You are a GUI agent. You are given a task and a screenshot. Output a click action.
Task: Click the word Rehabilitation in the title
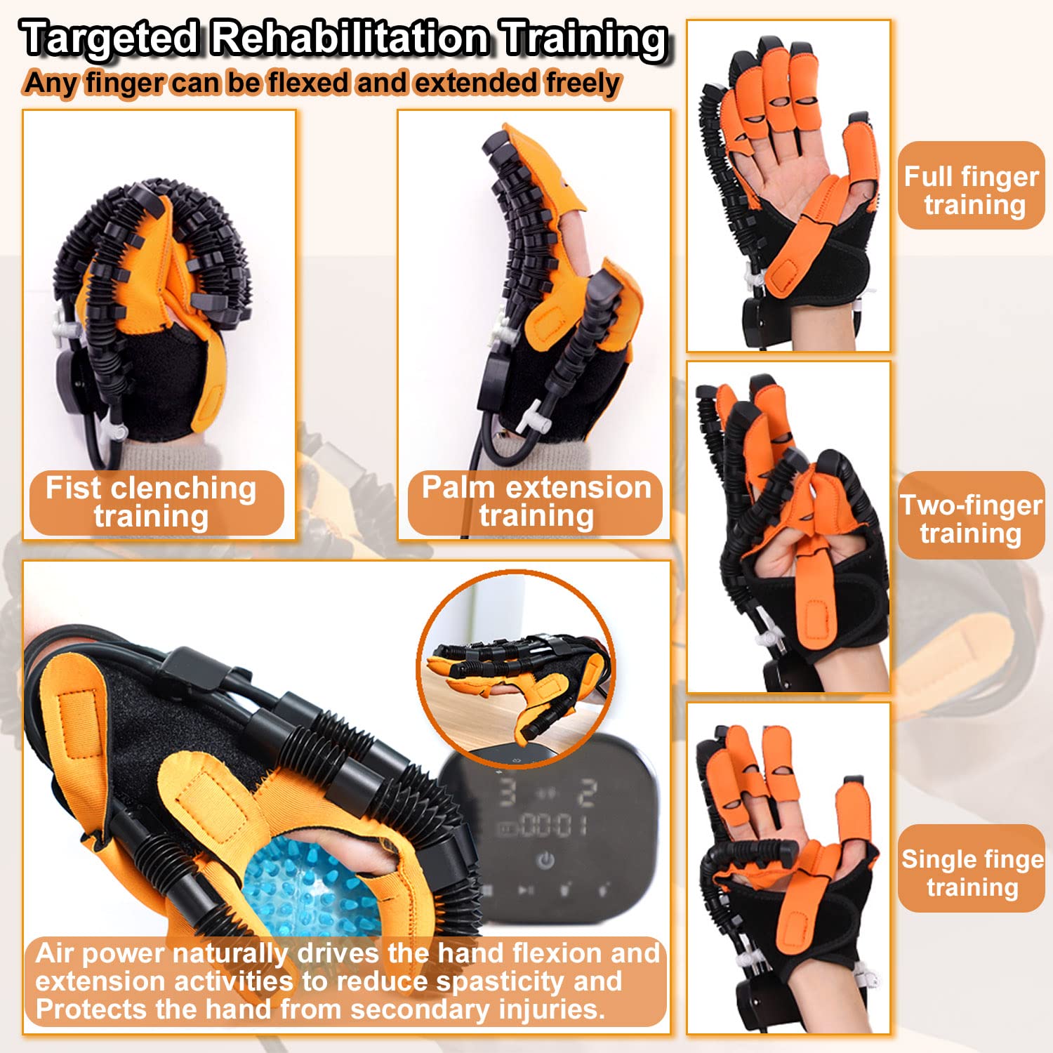350,38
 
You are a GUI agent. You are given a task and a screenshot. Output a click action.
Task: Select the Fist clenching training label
153,502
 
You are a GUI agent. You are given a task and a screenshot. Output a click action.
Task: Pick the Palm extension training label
536,501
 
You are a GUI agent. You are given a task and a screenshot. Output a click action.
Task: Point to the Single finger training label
972,872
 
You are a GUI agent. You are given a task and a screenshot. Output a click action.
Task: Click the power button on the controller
545,861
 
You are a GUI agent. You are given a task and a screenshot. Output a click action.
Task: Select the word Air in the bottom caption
55,953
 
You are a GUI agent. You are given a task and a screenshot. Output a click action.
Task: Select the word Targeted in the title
111,38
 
